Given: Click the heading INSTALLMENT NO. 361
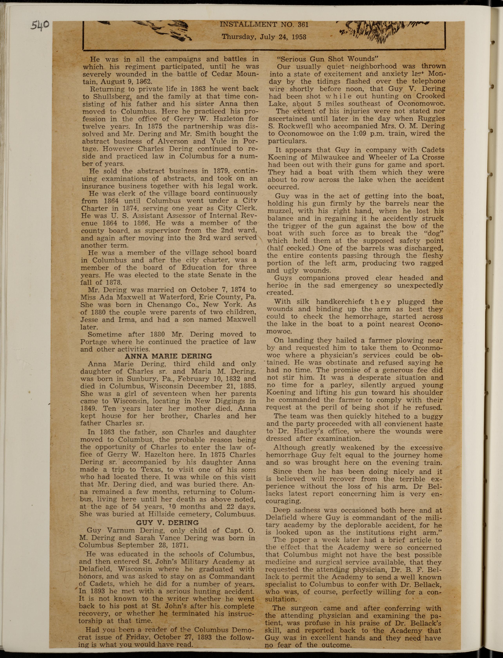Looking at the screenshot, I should tap(264, 24).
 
